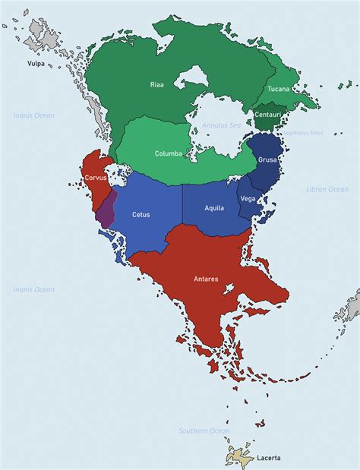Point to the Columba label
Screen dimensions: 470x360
pyautogui.click(x=169, y=153)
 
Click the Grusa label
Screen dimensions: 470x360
pyautogui.click(x=267, y=160)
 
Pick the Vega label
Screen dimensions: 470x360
pyautogui.click(x=248, y=198)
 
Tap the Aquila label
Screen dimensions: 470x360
pyautogui.click(x=214, y=207)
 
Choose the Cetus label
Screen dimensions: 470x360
pyautogui.click(x=141, y=215)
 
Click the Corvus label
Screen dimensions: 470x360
pyautogui.click(x=96, y=178)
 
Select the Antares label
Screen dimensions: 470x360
pyautogui.click(x=206, y=279)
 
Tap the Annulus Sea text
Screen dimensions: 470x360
pyautogui.click(x=220, y=124)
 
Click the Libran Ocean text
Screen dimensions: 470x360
pyautogui.click(x=327, y=188)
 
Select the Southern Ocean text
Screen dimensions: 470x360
pyautogui.click(x=204, y=431)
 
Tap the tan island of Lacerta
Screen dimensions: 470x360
pyautogui.click(x=239, y=457)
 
